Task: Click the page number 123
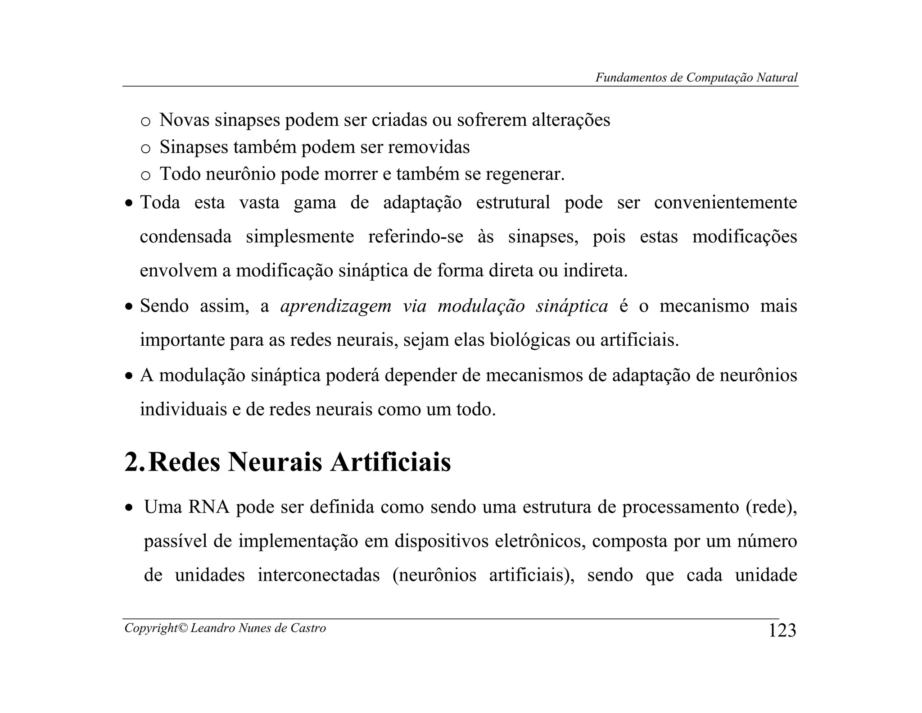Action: (x=782, y=630)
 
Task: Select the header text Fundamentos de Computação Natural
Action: (x=696, y=78)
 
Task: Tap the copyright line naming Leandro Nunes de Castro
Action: (x=225, y=628)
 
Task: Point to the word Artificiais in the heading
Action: (x=390, y=462)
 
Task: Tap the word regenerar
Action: (x=524, y=174)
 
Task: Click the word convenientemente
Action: (x=725, y=202)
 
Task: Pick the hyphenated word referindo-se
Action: (x=416, y=237)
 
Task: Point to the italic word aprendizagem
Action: (x=336, y=306)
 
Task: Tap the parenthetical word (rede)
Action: (x=771, y=507)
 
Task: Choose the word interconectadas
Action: (x=319, y=575)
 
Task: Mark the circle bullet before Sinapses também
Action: (x=145, y=149)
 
